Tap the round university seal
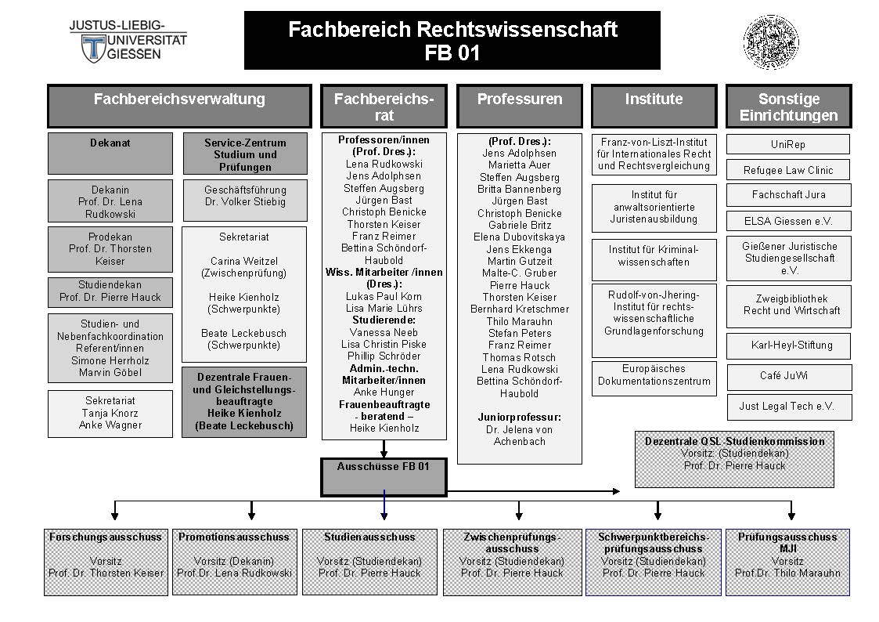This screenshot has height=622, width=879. point(771,42)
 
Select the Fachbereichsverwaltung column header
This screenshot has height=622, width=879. point(179,106)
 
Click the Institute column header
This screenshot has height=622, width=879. point(654,106)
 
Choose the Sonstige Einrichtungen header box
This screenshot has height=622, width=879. point(789,106)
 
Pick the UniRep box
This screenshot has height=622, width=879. point(788,144)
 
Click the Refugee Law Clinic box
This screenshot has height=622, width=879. point(788,170)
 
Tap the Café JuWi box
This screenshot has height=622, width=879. point(789,377)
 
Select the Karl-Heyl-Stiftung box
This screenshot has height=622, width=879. point(789,346)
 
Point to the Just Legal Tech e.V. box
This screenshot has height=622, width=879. point(789,407)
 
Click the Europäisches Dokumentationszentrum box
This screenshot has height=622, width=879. point(654,378)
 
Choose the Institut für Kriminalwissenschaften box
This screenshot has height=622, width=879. point(654,259)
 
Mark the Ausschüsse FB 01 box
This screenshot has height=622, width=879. point(384,477)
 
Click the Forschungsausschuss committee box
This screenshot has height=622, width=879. point(106,562)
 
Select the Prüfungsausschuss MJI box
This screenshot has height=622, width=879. point(787,562)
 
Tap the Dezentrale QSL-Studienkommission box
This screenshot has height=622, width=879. point(734,459)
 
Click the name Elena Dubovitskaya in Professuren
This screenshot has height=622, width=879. point(519,237)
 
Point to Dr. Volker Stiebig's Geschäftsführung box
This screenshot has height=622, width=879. point(245,201)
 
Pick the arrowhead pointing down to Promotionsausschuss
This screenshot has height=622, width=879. point(252,515)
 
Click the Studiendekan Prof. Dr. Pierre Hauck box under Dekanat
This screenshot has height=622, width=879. point(110,292)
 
